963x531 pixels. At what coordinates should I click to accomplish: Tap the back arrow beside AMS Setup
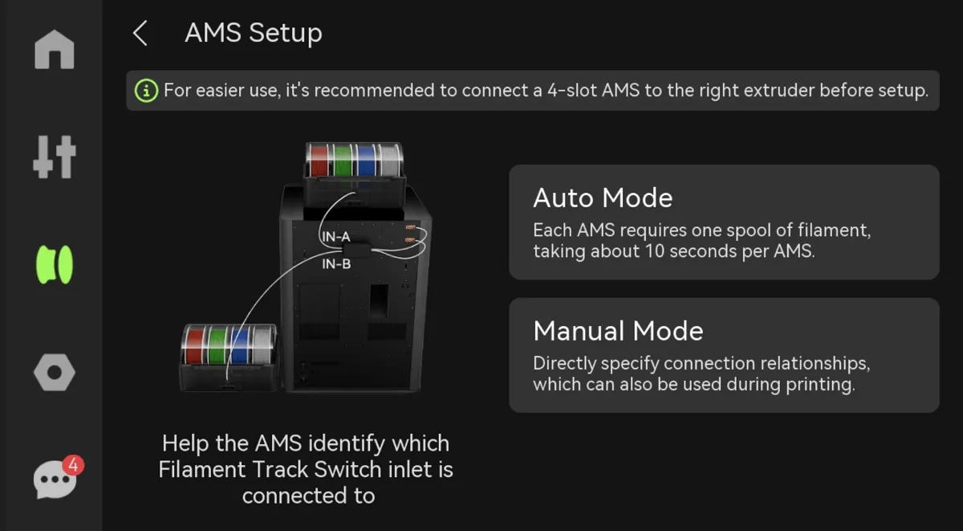[140, 33]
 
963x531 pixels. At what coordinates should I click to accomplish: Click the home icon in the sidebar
[55, 50]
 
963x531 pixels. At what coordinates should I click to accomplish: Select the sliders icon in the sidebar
[55, 157]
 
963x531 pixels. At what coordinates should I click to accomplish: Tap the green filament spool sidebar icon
[55, 264]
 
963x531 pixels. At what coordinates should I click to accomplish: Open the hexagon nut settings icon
[55, 373]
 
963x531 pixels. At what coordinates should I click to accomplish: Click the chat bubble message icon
[55, 480]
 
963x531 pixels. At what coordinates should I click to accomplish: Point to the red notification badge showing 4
[74, 465]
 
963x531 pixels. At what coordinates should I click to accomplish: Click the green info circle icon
[146, 91]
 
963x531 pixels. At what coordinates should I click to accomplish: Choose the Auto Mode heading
[603, 198]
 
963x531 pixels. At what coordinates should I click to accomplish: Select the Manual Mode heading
[618, 331]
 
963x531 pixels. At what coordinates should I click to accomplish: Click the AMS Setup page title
[254, 33]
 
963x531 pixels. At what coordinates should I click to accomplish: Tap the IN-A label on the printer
[336, 237]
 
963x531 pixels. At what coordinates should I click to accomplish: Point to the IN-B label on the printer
[336, 263]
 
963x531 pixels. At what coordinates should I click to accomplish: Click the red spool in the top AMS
[319, 161]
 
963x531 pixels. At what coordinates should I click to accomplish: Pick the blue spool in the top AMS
[366, 161]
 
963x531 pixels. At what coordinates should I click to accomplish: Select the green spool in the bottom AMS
[217, 345]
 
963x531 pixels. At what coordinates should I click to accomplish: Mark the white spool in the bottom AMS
[263, 345]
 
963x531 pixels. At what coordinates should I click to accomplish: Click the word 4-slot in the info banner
[571, 90]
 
